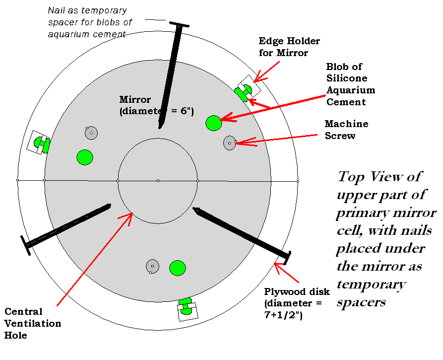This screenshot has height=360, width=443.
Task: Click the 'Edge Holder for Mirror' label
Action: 289,47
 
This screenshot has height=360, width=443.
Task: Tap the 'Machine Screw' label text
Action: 346,130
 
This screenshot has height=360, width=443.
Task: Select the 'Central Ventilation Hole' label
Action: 33,324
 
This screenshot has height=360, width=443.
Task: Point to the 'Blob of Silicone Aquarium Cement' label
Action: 350,84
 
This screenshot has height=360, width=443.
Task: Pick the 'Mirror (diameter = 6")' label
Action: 155,106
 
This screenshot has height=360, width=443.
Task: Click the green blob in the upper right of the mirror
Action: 213,123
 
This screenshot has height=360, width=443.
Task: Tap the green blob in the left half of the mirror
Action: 85,157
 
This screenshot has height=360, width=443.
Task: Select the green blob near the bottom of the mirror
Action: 177,268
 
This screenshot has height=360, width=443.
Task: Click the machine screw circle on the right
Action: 229,143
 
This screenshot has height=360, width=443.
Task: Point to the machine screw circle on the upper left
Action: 91,133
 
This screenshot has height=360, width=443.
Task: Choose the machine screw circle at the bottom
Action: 152,266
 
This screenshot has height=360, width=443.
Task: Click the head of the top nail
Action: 179,24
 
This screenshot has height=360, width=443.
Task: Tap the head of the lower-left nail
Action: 25,246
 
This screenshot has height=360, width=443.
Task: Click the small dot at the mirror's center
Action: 158,180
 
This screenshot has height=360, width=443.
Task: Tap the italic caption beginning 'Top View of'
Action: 386,239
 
